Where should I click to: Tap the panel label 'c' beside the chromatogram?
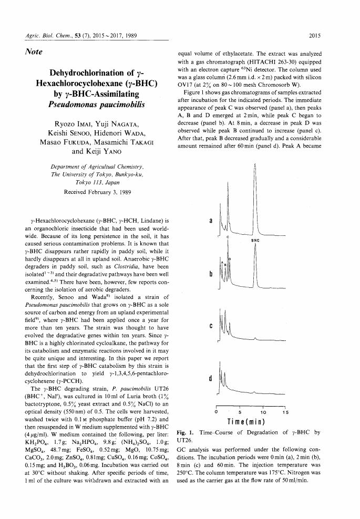click(211, 326)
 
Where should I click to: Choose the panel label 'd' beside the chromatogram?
click(211, 378)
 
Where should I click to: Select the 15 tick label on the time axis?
click(283, 412)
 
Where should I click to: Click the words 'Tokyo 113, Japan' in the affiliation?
click(97, 182)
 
